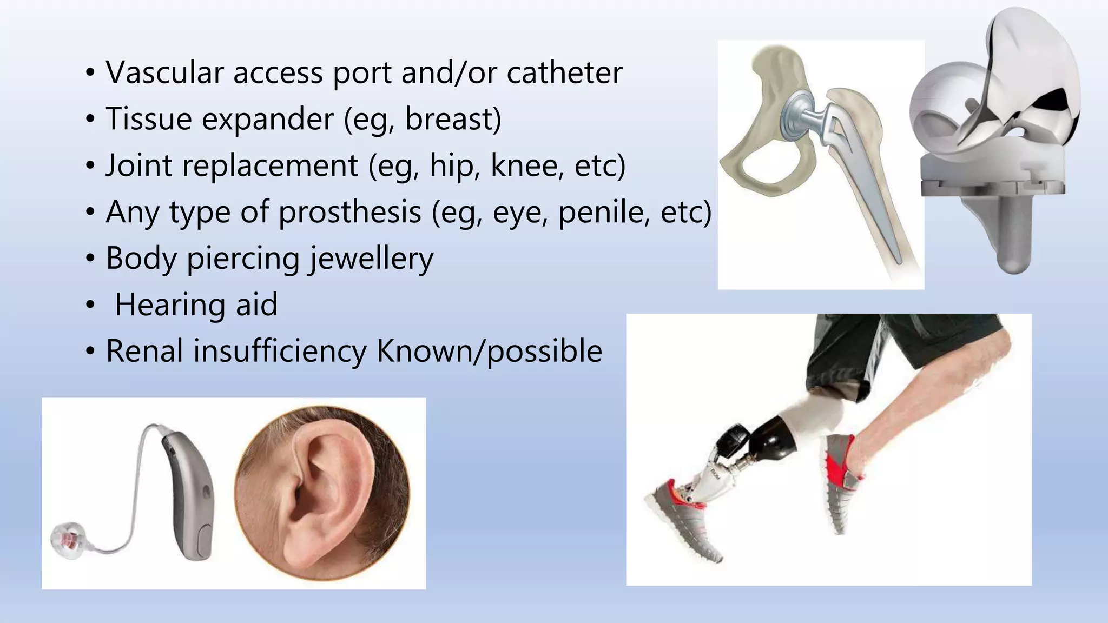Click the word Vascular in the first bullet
tap(164, 72)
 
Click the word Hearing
tap(171, 305)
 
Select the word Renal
tap(144, 352)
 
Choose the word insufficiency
tap(280, 352)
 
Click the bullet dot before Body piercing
tap(90, 259)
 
